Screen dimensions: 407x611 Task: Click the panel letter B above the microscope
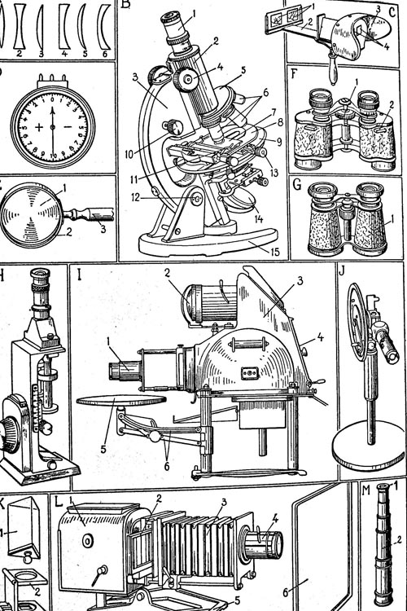click(125, 4)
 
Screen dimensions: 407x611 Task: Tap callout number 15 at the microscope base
click(275, 252)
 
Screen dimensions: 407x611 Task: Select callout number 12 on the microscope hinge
click(135, 198)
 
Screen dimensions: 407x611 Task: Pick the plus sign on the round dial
click(39, 127)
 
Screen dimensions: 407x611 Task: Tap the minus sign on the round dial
click(68, 127)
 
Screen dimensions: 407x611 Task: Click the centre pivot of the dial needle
click(53, 127)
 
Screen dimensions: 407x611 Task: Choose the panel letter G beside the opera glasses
click(297, 184)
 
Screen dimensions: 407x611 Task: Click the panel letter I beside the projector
click(80, 275)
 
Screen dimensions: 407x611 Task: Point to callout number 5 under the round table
click(103, 449)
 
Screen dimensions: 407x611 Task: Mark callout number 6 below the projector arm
click(167, 466)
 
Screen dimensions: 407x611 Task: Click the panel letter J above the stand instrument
click(343, 270)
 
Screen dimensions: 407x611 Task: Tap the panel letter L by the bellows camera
click(59, 501)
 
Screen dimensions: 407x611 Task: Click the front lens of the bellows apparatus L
click(269, 544)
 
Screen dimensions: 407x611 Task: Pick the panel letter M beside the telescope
click(366, 490)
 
